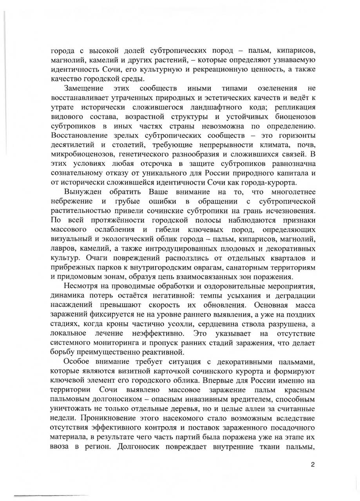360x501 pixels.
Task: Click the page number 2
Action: pyautogui.click(x=312, y=465)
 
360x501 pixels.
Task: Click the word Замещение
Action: pyautogui.click(x=83, y=88)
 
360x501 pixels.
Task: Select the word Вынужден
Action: pyautogui.click(x=83, y=192)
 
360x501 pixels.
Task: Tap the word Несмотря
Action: pyautogui.click(x=83, y=286)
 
